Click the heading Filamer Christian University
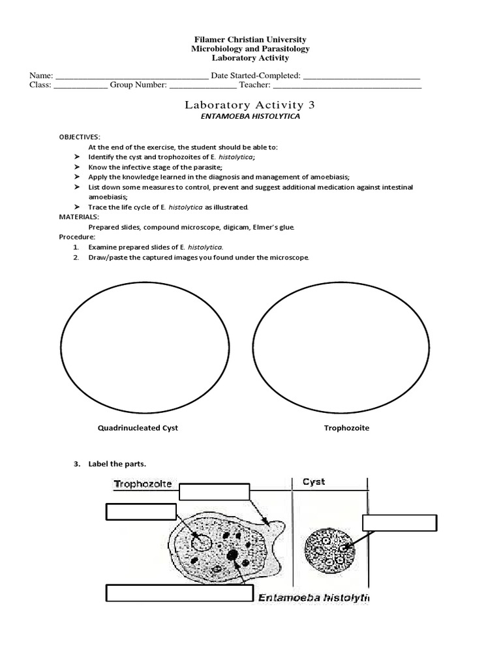pyautogui.click(x=250, y=40)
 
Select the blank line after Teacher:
pyautogui.click(x=347, y=85)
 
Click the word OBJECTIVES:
pyautogui.click(x=80, y=137)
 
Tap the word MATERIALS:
pyautogui.click(x=79, y=217)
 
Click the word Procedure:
pyautogui.click(x=77, y=237)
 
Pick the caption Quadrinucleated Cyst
pyautogui.click(x=138, y=428)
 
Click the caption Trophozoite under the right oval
pyautogui.click(x=346, y=428)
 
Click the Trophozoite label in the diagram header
pyautogui.click(x=143, y=484)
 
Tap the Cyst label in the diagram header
pyautogui.click(x=314, y=482)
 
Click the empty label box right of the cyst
pyautogui.click(x=399, y=523)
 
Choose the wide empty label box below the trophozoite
pyautogui.click(x=179, y=593)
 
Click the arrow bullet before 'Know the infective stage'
pyautogui.click(x=76, y=168)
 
